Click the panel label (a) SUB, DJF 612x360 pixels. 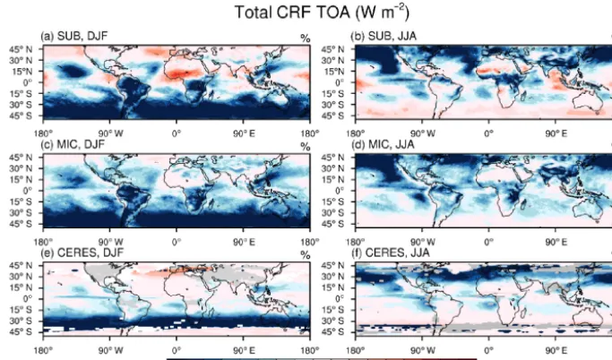click(73, 36)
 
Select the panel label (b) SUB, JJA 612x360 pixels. click(384, 36)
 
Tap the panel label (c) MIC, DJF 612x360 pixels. click(73, 144)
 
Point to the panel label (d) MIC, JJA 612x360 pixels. click(382, 144)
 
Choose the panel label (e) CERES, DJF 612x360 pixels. click(82, 253)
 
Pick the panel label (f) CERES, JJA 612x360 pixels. click(390, 253)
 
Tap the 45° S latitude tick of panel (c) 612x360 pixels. click(22, 224)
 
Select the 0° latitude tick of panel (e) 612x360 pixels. click(27, 299)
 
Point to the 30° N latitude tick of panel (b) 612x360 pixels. click(333, 61)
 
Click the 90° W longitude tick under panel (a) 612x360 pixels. click(110, 133)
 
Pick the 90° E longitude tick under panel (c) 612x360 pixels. click(244, 242)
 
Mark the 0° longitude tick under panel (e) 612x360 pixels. click(177, 350)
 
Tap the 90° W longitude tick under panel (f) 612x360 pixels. click(422, 350)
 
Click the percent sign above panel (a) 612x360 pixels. click(306, 39)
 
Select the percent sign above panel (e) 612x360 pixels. click(306, 255)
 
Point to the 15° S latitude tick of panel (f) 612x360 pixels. click(333, 310)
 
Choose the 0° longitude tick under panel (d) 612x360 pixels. click(488, 242)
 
